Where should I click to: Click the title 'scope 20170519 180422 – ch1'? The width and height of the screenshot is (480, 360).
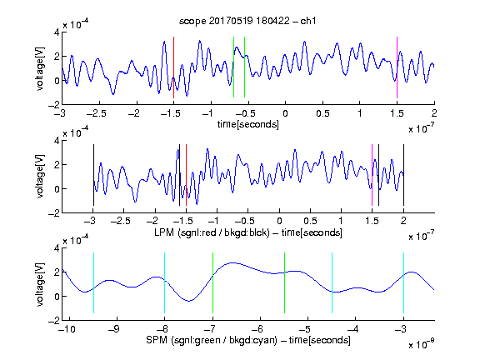tap(247, 21)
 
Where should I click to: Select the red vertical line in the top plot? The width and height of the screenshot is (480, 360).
tap(173, 67)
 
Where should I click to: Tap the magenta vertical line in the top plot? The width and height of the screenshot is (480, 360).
tap(397, 67)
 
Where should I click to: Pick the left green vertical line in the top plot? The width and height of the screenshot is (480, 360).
tap(233, 67)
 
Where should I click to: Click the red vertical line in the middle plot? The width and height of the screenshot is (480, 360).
tap(186, 175)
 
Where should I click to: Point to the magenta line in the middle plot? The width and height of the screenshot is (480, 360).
tap(372, 175)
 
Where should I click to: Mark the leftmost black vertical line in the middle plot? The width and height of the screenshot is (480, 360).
tap(93, 175)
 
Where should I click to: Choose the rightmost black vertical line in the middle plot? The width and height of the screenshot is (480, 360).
tap(403, 175)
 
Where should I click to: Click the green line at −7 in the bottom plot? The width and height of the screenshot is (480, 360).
tap(212, 282)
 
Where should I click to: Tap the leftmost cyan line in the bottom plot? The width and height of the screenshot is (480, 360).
tap(93, 282)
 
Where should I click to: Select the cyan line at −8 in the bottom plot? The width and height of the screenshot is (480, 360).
tap(165, 282)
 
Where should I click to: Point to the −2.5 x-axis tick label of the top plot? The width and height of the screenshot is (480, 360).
tap(97, 113)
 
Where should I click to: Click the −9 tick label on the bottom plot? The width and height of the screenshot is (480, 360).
tap(113, 329)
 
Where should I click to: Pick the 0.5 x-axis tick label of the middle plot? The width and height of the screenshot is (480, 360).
tap(310, 221)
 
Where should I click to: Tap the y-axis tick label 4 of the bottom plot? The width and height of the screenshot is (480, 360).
tap(57, 248)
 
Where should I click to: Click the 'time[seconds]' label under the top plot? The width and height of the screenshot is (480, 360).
tap(248, 124)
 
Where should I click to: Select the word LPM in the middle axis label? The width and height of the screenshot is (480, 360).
tap(164, 232)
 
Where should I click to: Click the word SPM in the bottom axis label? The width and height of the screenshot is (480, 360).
tap(157, 340)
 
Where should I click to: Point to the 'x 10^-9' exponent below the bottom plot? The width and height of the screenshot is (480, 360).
tap(422, 344)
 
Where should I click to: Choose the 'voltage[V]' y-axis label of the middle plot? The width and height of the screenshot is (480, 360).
tap(40, 176)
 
